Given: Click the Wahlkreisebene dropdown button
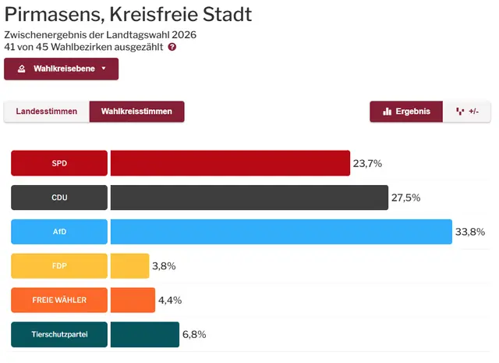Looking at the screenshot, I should click(62, 69).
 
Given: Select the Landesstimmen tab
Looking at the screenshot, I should click(47, 112).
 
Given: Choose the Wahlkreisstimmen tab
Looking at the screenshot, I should click(136, 112).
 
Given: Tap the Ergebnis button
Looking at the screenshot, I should click(406, 112).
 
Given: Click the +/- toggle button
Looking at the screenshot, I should click(467, 112).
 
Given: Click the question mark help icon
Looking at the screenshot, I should click(172, 47).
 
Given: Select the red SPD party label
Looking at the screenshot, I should click(59, 163).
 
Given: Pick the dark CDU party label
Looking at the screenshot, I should click(59, 198).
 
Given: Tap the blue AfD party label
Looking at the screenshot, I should click(59, 232).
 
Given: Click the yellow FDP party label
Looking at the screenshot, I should click(59, 266).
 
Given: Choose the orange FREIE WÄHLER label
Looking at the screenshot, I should click(59, 301).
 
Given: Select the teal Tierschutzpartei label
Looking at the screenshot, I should click(59, 335).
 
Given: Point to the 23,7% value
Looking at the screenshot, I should click(367, 163).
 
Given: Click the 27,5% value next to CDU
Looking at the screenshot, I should click(405, 198).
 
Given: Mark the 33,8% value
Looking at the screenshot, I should click(470, 232).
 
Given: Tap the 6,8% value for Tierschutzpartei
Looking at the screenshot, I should click(194, 335).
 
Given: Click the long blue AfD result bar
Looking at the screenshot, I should click(281, 232).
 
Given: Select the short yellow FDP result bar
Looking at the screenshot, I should click(129, 266).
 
